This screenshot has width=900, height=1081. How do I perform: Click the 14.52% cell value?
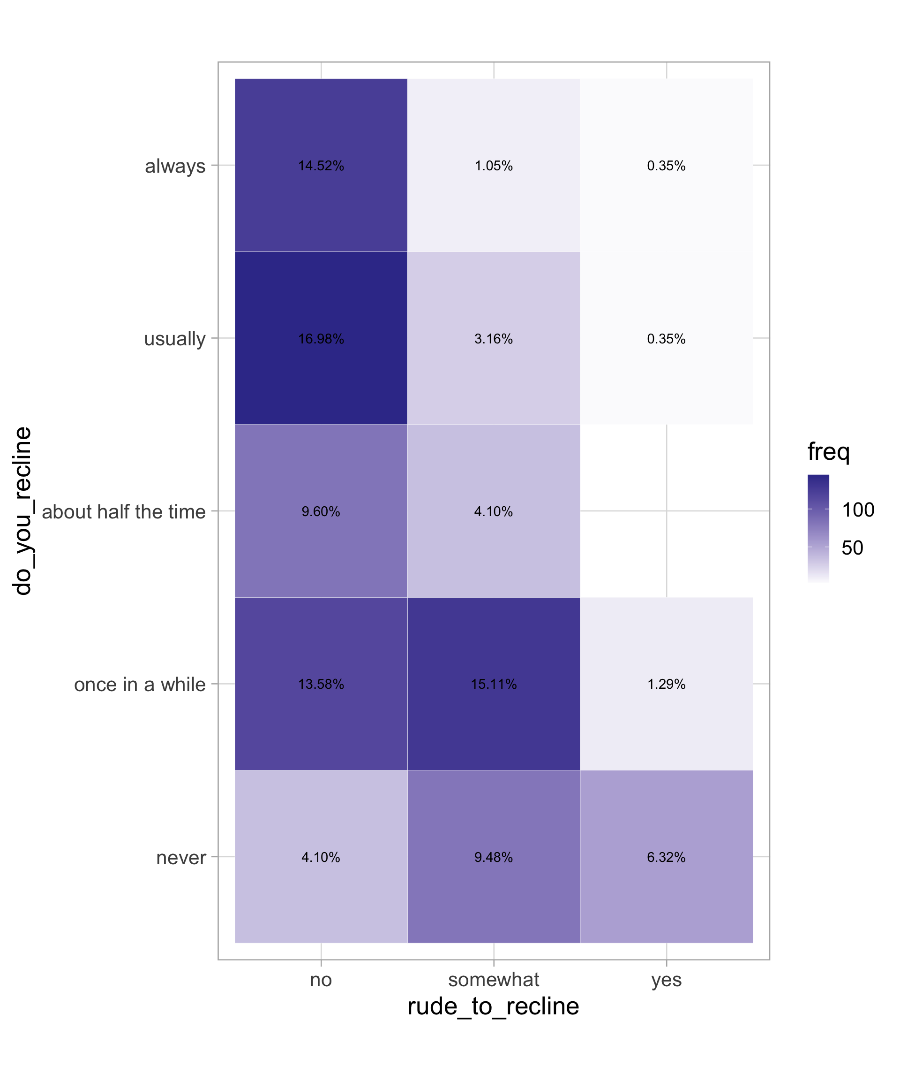pyautogui.click(x=321, y=166)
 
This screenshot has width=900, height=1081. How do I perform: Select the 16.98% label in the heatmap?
pyautogui.click(x=321, y=339)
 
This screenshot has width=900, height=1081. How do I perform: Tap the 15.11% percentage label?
pyautogui.click(x=494, y=684)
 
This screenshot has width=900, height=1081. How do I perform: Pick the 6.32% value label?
pyautogui.click(x=666, y=857)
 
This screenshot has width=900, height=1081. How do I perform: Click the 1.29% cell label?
pyautogui.click(x=666, y=684)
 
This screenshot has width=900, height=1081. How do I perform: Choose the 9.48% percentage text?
pyautogui.click(x=494, y=857)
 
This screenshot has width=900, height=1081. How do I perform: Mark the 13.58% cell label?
pyautogui.click(x=321, y=684)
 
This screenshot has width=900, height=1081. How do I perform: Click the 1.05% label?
pyautogui.click(x=494, y=166)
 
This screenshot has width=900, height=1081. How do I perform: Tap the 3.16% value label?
pyautogui.click(x=494, y=339)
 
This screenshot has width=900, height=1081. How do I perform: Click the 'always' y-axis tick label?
pyautogui.click(x=175, y=166)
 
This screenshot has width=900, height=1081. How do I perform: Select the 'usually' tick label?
pyautogui.click(x=174, y=339)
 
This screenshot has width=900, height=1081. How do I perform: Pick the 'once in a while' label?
pyautogui.click(x=139, y=685)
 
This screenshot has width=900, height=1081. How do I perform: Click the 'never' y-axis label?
pyautogui.click(x=181, y=858)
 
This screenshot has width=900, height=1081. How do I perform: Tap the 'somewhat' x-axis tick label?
pyautogui.click(x=494, y=980)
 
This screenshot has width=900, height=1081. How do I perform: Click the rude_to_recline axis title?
pyautogui.click(x=493, y=1006)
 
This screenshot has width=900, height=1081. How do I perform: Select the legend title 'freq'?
pyautogui.click(x=828, y=452)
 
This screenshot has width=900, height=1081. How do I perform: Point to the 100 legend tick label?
pyautogui.click(x=858, y=510)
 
